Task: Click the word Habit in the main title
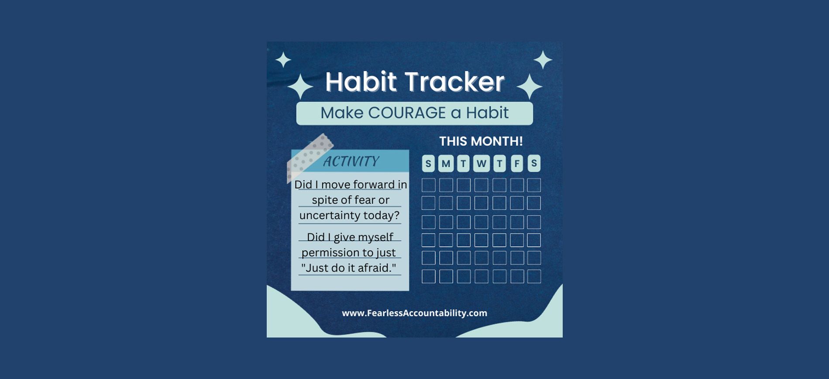pos(361,82)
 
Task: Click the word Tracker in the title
pos(454,82)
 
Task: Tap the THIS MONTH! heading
pos(481,141)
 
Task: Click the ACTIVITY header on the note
pos(351,161)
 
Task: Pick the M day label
pos(446,163)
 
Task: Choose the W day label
pos(481,163)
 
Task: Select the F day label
pos(517,163)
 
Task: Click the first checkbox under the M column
pos(446,185)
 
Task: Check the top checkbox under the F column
pos(517,185)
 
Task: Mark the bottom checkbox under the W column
pos(481,276)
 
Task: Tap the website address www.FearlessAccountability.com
pos(414,313)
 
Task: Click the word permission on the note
pos(330,253)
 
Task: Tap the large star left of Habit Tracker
pos(300,86)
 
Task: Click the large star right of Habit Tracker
pos(530,86)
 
